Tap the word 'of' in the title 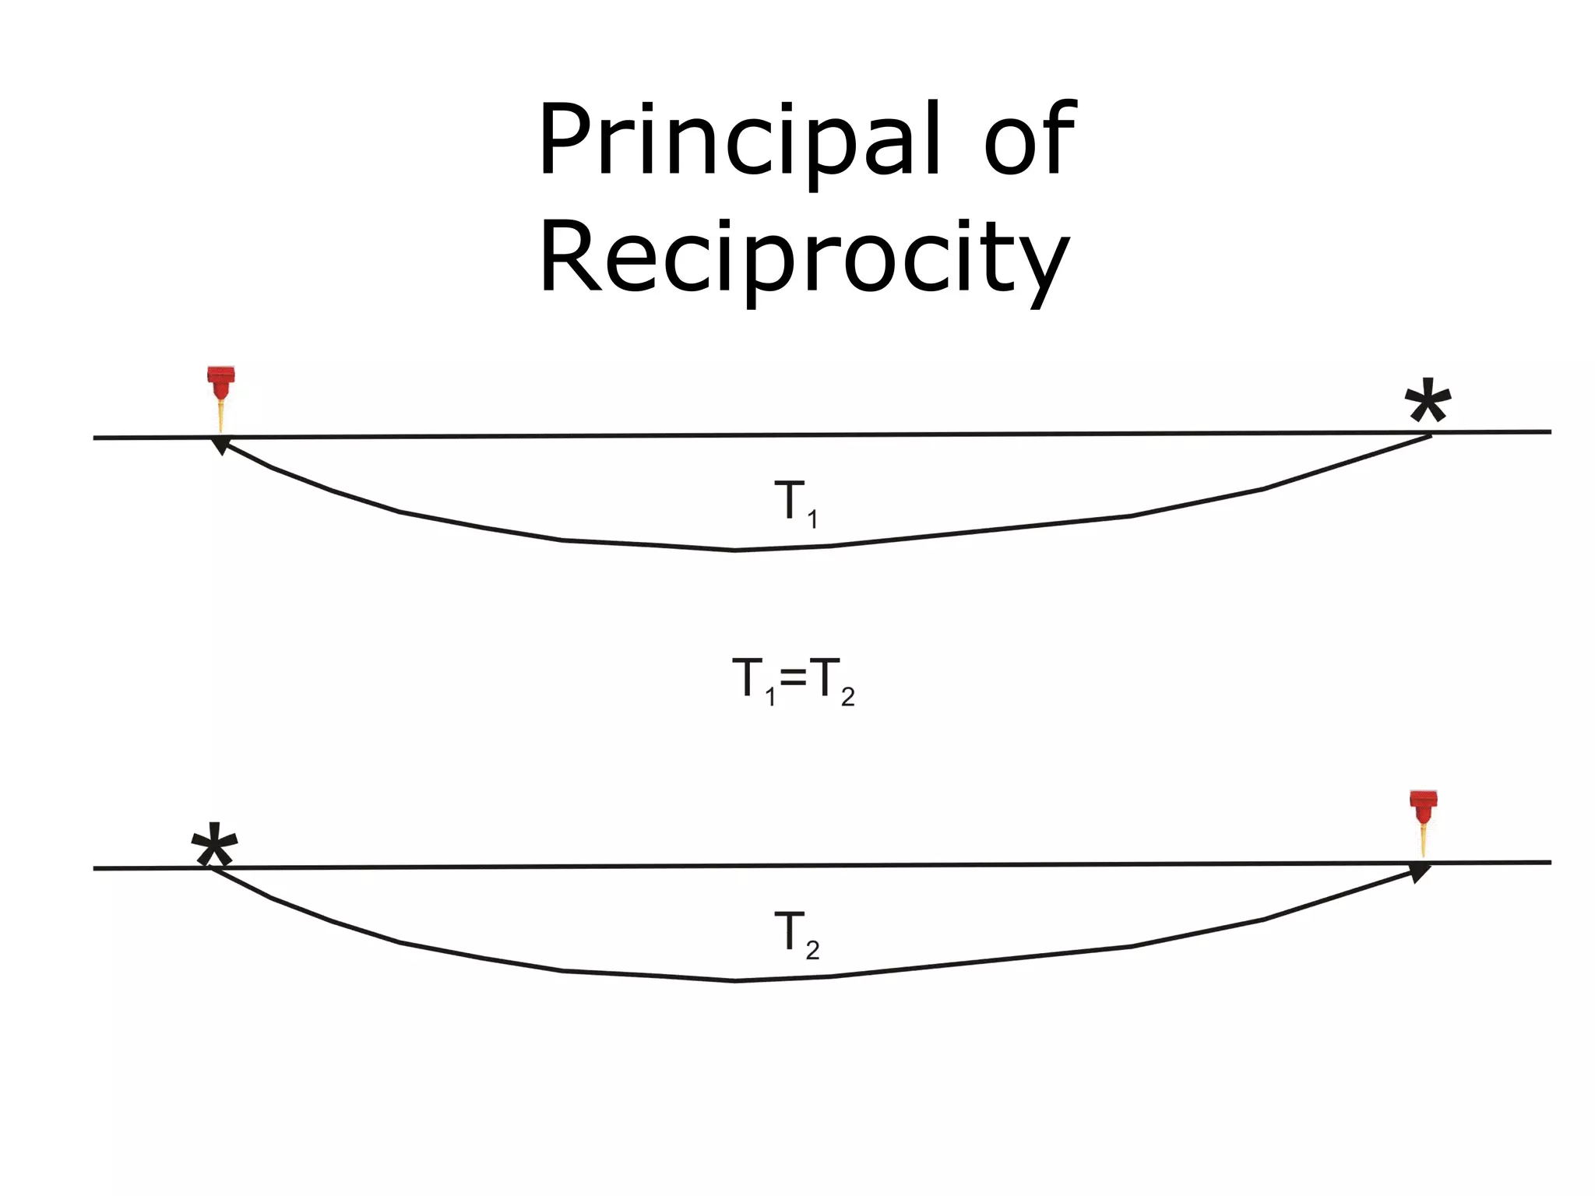(1030, 140)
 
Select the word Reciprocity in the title (804, 257)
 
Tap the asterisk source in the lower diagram (214, 846)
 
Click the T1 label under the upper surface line (795, 502)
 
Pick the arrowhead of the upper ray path (221, 445)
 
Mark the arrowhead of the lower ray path (1421, 871)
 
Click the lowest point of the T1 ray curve (735, 550)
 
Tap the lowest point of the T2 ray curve (735, 980)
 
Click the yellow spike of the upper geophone (221, 417)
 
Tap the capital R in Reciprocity (570, 257)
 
